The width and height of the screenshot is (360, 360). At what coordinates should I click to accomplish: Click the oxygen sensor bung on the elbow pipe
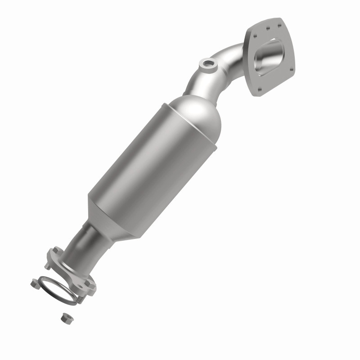(x=207, y=64)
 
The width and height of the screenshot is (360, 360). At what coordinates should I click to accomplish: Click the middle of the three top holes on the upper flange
(x=267, y=28)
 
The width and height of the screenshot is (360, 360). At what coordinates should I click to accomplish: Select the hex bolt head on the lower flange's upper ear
(x=56, y=251)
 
